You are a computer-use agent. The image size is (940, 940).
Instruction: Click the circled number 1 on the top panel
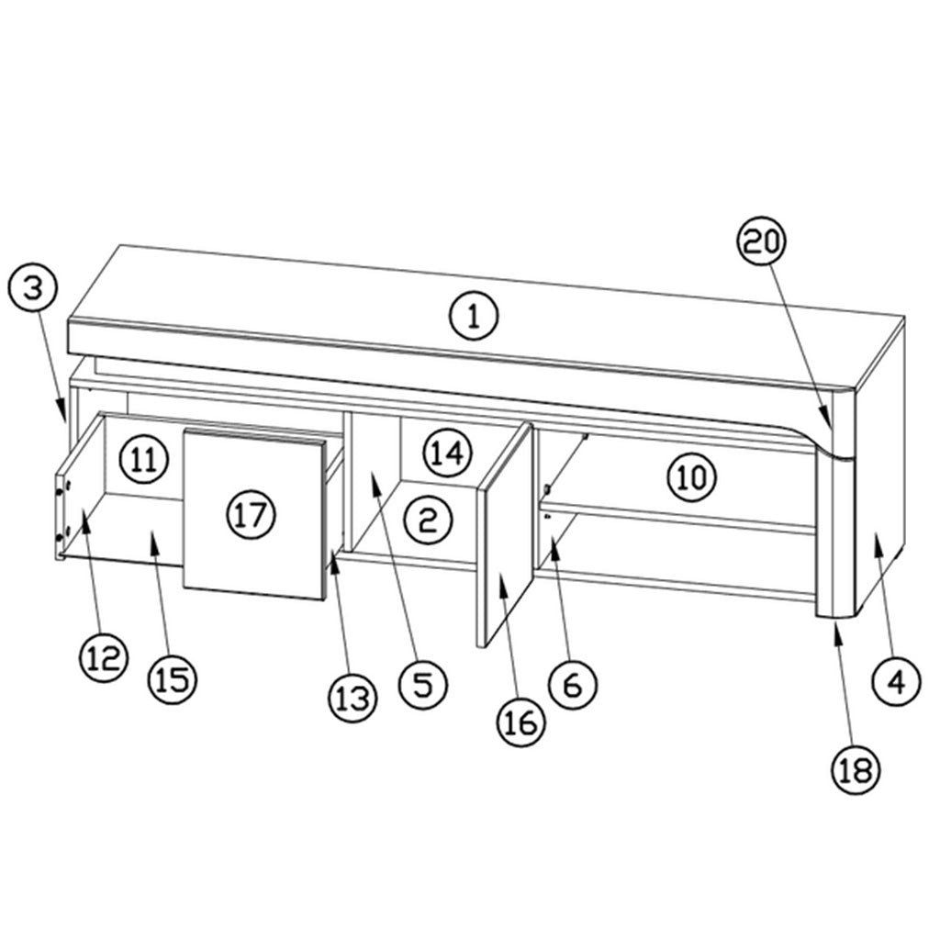click(x=474, y=316)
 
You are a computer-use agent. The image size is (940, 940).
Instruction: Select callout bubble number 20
click(x=761, y=241)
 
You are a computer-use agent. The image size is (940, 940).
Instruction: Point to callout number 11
click(x=144, y=459)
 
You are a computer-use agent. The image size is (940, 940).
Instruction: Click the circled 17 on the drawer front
click(x=252, y=514)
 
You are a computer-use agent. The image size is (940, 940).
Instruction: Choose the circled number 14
click(x=448, y=453)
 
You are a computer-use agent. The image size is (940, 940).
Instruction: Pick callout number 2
click(x=428, y=520)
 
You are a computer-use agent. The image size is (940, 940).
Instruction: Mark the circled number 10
click(x=692, y=477)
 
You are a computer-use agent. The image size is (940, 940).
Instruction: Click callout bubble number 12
click(x=104, y=658)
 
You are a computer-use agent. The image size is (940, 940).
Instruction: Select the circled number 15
click(x=173, y=678)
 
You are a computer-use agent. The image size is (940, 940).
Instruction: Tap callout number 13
click(x=352, y=698)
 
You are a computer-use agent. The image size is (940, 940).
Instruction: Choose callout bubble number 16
click(x=521, y=723)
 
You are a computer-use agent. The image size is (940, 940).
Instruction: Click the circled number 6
click(x=573, y=685)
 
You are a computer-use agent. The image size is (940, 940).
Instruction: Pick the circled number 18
click(x=856, y=770)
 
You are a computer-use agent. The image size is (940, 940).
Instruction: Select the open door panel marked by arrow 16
click(x=505, y=535)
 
